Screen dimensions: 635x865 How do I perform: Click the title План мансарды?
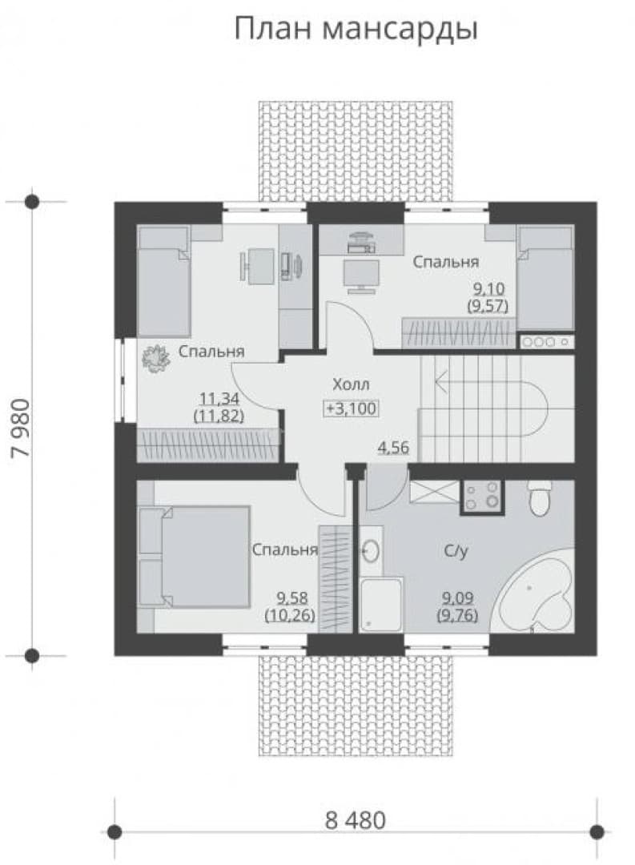coord(356,30)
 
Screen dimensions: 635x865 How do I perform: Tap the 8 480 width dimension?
coord(356,820)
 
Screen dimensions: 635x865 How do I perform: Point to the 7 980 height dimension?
coord(22,428)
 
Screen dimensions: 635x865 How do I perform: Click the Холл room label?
coord(351,384)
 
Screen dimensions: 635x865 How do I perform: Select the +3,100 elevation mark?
coord(351,408)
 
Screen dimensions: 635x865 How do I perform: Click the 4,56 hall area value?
coord(393,448)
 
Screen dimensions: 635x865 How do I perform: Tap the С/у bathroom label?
coord(456,550)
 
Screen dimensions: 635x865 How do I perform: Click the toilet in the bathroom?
coord(538,497)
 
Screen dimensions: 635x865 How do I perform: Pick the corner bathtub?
coord(534,589)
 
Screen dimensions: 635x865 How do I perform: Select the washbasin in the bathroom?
coord(371,550)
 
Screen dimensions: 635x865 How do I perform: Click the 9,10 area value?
coord(488,288)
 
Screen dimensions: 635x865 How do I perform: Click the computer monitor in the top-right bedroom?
coord(361,275)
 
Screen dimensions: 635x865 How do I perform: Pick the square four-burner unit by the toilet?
coord(481,497)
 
